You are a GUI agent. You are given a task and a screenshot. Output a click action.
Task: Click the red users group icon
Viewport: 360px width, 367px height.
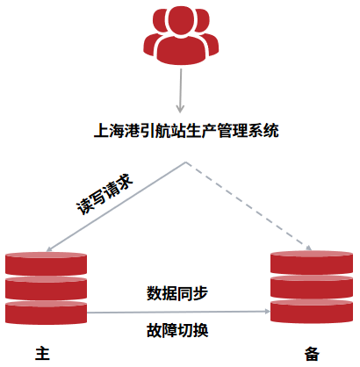(181, 35)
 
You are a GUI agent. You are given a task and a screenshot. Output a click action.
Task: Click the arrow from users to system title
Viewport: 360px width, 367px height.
(181, 90)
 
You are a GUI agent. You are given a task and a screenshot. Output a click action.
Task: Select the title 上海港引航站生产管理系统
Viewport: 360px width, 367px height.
(186, 131)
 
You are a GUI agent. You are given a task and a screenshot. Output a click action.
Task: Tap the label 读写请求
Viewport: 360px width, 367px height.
(104, 194)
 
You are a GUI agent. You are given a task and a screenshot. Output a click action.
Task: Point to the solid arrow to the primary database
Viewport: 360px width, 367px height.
(116, 206)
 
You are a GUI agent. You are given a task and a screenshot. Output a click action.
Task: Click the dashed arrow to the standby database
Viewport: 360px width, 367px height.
(248, 206)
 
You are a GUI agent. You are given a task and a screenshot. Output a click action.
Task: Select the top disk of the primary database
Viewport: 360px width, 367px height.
(46, 263)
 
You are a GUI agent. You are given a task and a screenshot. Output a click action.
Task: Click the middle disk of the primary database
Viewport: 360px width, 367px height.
(46, 288)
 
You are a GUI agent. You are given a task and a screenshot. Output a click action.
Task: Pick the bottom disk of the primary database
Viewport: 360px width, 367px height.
(46, 313)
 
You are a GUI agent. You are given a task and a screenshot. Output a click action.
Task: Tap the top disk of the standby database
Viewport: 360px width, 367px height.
(312, 263)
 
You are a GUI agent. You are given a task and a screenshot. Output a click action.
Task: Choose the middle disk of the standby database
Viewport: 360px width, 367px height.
(312, 287)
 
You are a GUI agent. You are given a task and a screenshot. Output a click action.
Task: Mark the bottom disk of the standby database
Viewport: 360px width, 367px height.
(312, 312)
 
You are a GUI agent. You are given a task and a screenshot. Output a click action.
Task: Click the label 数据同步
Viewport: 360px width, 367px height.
(177, 293)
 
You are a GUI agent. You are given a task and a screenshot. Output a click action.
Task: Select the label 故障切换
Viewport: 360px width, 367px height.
(177, 330)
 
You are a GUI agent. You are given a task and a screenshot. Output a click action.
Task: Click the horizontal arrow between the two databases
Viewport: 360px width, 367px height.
(178, 312)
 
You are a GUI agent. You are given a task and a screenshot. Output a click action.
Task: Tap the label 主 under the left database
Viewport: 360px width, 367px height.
(42, 354)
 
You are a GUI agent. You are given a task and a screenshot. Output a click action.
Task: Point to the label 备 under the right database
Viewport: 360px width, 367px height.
(312, 354)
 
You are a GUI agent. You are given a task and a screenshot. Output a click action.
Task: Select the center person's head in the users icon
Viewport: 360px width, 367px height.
(181, 20)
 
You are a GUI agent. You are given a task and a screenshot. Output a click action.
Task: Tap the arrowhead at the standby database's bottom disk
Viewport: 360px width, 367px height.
(268, 312)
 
